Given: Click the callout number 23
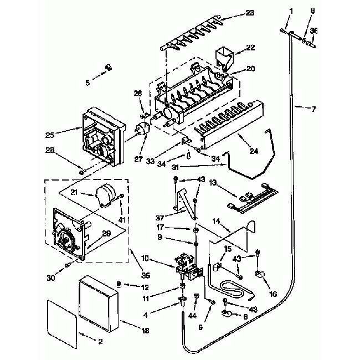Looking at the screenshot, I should tap(250, 12).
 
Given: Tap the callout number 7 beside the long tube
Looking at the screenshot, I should tap(314, 109).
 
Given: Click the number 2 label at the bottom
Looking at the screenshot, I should tap(100, 342).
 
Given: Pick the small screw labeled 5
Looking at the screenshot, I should tap(109, 68).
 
